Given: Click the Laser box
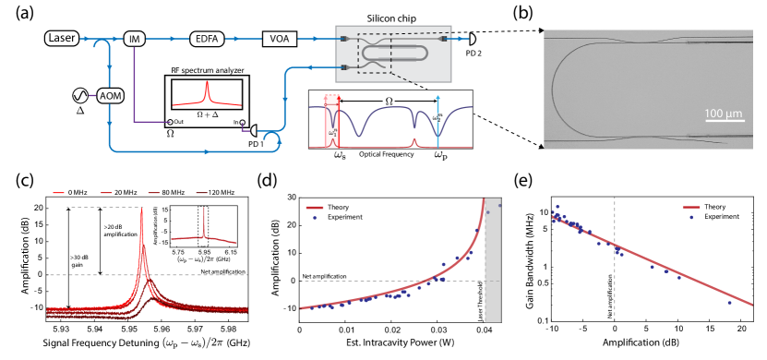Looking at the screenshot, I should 62,38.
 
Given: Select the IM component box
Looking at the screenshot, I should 135,38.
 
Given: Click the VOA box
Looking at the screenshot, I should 278,39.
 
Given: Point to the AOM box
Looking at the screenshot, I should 111,95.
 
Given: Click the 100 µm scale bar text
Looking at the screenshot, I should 724,114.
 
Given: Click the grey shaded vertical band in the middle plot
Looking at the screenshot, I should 493,268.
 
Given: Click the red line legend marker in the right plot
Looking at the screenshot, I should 690,208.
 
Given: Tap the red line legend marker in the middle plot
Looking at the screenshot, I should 315,208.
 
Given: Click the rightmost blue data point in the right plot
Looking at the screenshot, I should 730,302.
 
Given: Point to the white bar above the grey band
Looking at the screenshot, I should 478,194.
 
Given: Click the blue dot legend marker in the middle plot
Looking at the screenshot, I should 315,218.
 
